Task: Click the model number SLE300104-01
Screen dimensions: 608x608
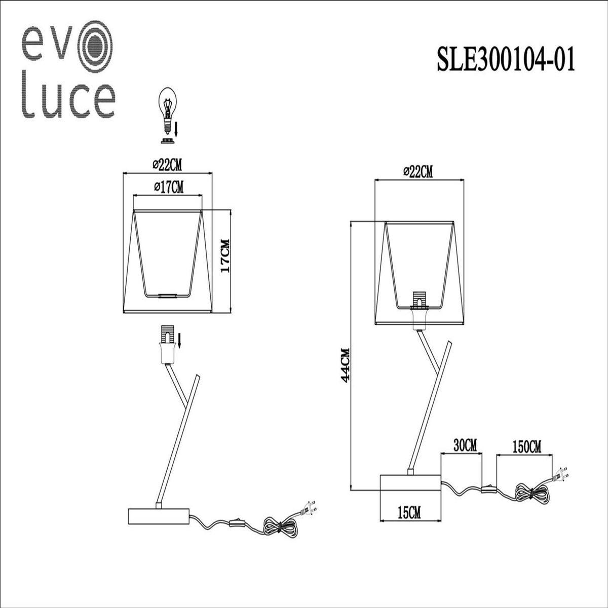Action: coord(506,59)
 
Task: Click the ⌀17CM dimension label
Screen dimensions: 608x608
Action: coord(168,187)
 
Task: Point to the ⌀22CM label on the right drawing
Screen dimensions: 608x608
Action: coord(418,172)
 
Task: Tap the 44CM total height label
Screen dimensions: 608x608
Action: coord(346,365)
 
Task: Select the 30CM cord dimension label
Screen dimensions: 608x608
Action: coord(465,446)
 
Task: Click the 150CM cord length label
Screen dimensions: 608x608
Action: coord(527,446)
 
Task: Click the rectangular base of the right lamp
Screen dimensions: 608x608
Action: coord(411,482)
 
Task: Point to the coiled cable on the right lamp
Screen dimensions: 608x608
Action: coord(529,494)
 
